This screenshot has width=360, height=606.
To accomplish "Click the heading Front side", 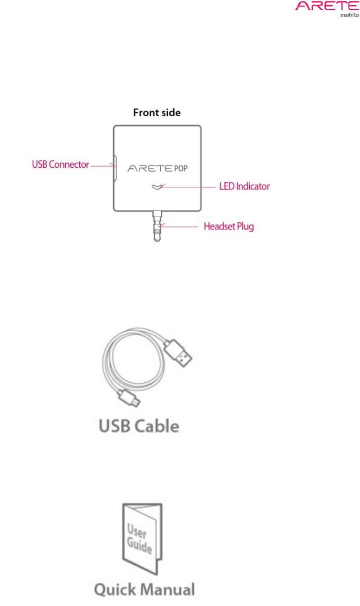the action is [x=157, y=113].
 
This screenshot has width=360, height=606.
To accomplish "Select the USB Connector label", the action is [x=60, y=164].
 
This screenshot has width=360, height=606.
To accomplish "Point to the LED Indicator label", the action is [x=244, y=187].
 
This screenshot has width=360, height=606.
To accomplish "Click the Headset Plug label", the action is [x=229, y=227].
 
